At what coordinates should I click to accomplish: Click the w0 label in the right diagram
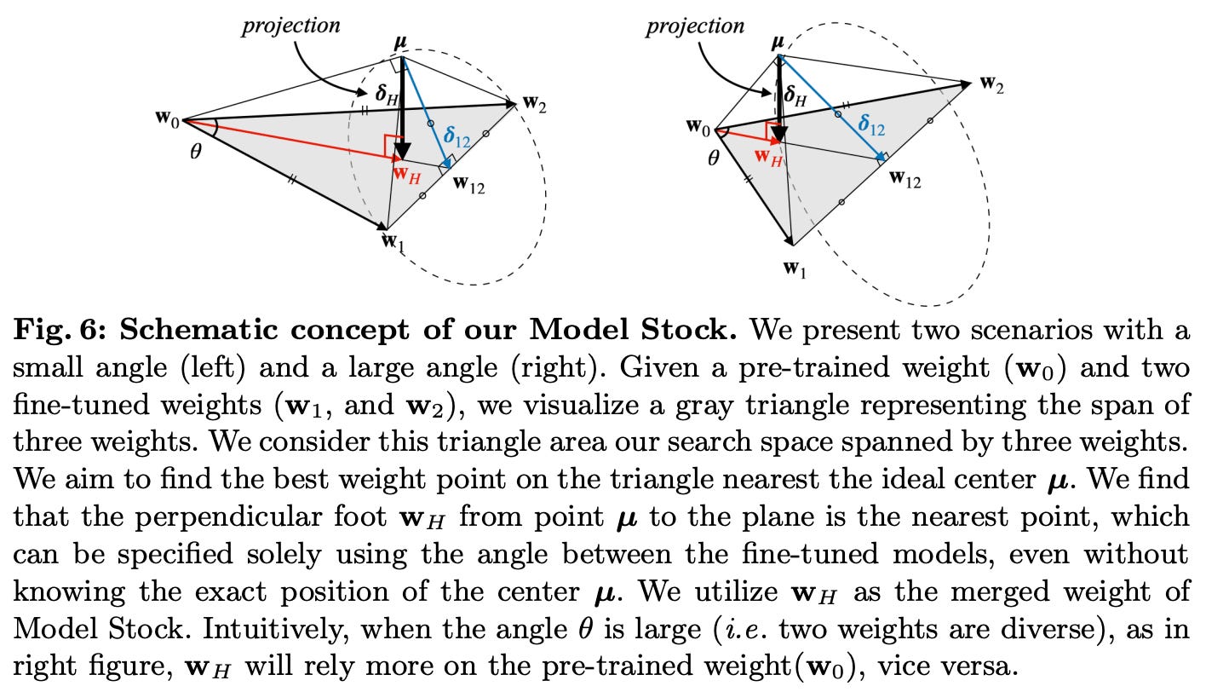point(698,128)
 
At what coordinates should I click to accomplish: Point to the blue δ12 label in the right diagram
point(870,128)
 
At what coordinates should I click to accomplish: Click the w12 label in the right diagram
point(904,179)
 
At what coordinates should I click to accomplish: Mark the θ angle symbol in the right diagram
point(713,158)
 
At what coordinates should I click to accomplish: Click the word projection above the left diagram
point(290,26)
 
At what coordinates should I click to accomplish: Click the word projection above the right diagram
point(694,26)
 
